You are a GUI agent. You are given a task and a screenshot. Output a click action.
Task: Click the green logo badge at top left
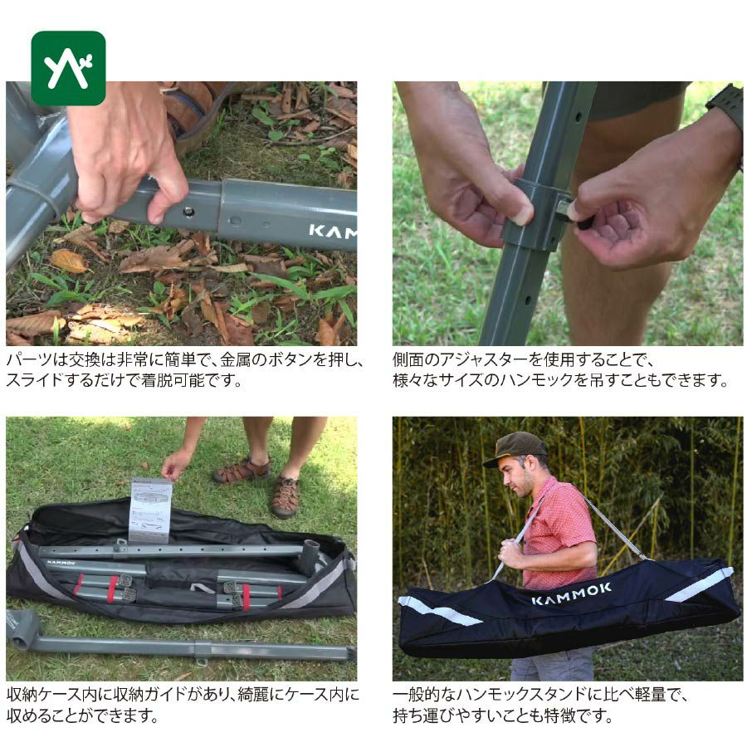pos(68,68)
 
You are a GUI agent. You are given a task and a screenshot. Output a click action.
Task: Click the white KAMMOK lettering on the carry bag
pos(571,593)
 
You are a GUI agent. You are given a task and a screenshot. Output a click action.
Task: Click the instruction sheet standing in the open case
pos(150,510)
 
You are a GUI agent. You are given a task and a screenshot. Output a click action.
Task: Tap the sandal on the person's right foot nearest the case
pos(285,497)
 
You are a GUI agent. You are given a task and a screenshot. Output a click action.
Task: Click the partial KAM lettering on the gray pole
pos(332,232)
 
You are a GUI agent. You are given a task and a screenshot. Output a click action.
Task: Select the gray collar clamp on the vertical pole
pos(537,214)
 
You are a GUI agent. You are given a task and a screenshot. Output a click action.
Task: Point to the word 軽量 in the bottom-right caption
pos(650,695)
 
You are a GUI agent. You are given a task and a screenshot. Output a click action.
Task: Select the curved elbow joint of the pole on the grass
pos(23,629)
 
